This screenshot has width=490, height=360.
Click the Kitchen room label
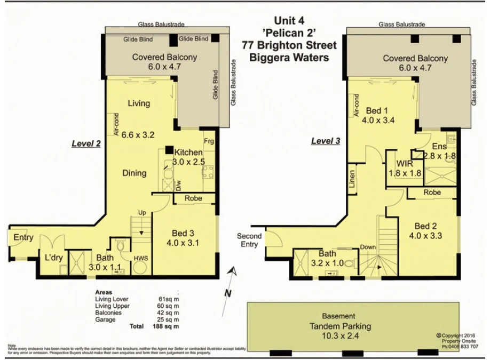(189, 153)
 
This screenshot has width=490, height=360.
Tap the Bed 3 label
(183, 233)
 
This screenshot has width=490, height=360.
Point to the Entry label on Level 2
(23, 237)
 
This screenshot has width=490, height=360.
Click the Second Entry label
(249, 240)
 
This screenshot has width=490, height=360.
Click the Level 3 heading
(325, 141)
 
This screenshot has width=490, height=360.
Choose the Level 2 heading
(86, 143)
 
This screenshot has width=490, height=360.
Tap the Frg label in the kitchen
(209, 141)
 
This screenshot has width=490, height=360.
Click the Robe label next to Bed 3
(193, 198)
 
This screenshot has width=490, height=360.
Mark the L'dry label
(54, 258)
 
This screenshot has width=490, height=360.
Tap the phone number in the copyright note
(460, 346)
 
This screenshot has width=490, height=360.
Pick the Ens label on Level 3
(439, 146)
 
